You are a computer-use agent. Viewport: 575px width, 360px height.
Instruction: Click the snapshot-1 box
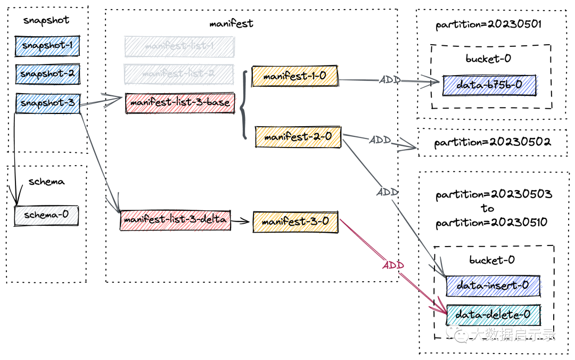coord(47,46)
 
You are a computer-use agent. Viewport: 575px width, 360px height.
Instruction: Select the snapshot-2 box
coord(47,74)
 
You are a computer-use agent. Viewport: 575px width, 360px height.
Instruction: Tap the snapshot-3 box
coord(47,103)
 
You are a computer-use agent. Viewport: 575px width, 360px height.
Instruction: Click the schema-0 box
coord(46,216)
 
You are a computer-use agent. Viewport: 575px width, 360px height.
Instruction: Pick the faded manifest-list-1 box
coord(179,46)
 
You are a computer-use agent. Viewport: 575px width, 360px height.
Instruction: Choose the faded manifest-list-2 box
coord(178,73)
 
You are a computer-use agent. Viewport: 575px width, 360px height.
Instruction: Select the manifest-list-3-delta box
coord(175,219)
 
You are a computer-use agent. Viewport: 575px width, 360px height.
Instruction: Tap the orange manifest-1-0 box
coord(295,77)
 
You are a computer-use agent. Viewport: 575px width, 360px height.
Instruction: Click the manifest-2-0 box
coord(298,137)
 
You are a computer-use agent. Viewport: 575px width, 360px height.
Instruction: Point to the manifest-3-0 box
coord(295,222)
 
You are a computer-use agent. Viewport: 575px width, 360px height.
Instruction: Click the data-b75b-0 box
coord(489,85)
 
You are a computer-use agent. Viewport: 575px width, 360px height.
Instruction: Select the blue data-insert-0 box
coord(492,285)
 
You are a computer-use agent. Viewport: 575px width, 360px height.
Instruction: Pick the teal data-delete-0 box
coord(493,315)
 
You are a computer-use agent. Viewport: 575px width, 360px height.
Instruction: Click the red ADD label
coord(393,265)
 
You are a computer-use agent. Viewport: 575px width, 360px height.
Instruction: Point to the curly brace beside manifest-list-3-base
coord(243,105)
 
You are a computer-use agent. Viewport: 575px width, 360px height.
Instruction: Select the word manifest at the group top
coord(231,23)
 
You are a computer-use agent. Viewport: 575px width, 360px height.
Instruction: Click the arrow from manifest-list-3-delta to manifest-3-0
coord(241,221)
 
